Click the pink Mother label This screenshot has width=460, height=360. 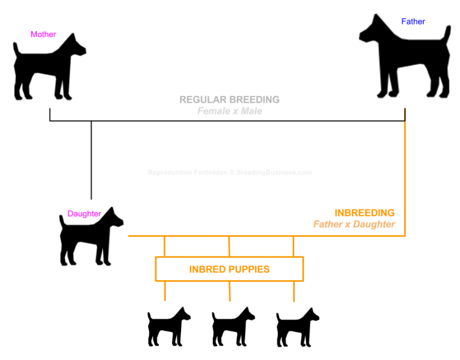tap(43, 35)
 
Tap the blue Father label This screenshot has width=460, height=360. tap(413, 21)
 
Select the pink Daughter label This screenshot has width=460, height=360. tap(84, 213)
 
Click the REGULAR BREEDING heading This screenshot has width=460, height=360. tap(229, 99)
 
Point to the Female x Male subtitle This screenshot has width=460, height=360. tap(229, 111)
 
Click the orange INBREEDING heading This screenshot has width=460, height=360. tap(365, 213)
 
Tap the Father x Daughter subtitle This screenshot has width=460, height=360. tap(354, 224)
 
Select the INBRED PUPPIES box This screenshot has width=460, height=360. tap(229, 269)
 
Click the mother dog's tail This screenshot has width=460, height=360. tap(17, 49)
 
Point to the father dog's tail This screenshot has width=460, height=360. tap(447, 34)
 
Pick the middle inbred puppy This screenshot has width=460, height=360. tap(233, 327)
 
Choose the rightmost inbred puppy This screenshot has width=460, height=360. tap(297, 327)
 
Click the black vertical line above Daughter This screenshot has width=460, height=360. tap(91, 160)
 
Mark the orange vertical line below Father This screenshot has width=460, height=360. tap(405, 178)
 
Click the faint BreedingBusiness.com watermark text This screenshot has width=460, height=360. tap(274, 173)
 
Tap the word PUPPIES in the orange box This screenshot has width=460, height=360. tap(250, 269)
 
